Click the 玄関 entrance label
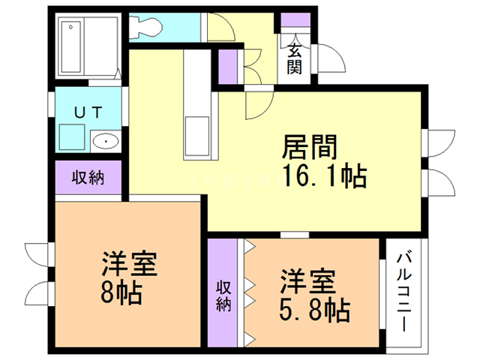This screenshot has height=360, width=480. pos(295,58)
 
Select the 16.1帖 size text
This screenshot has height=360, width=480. pos(324,178)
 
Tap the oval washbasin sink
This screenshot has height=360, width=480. pos(106,140)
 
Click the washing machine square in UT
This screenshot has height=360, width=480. pos(72,137)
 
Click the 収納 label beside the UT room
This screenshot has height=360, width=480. pos(88,178)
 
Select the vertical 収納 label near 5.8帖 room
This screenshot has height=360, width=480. pos(223,295)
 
